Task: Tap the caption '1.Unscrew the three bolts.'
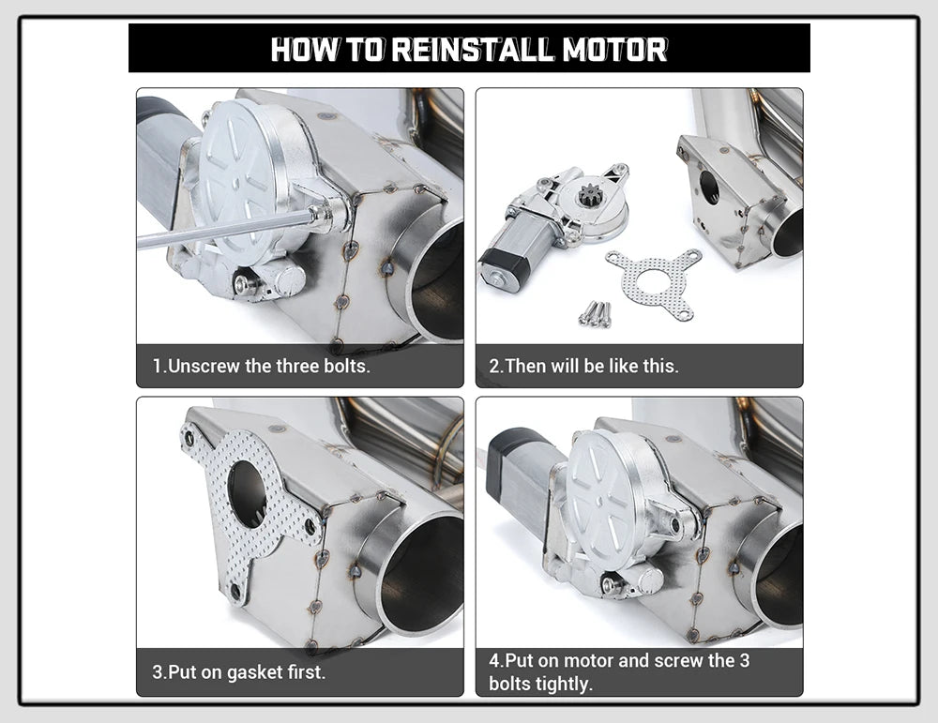tap(262, 366)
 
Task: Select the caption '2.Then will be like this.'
tap(583, 366)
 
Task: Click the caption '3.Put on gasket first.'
tap(239, 672)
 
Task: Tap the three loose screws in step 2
tap(595, 313)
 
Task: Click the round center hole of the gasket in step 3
tap(247, 493)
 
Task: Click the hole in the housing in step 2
tap(711, 188)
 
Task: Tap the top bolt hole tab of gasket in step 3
tap(190, 437)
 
